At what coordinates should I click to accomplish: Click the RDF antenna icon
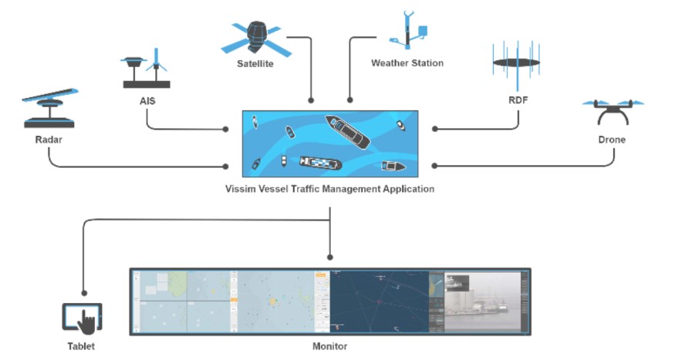pyautogui.click(x=515, y=63)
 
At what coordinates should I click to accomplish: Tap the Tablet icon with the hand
pyautogui.click(x=82, y=318)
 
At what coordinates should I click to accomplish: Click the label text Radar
pyautogui.click(x=48, y=140)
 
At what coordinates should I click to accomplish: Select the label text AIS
pyautogui.click(x=147, y=99)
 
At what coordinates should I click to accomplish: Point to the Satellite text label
pyautogui.click(x=255, y=63)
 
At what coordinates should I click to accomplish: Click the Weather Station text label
pyautogui.click(x=407, y=63)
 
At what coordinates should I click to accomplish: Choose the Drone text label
pyautogui.click(x=612, y=140)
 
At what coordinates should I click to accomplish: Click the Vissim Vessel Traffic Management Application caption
pyautogui.click(x=330, y=189)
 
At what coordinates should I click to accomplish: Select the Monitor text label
pyautogui.click(x=329, y=347)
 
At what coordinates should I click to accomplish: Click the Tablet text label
pyautogui.click(x=81, y=347)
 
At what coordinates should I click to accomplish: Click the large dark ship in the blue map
pyautogui.click(x=347, y=132)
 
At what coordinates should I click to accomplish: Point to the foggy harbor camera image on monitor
pyautogui.click(x=482, y=302)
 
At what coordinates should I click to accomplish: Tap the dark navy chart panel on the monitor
pyautogui.click(x=379, y=301)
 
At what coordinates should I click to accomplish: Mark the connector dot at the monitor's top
pyautogui.click(x=330, y=257)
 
